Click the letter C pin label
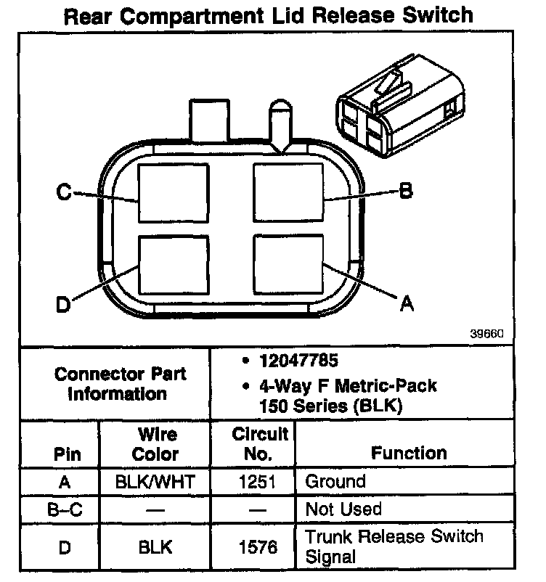(x=65, y=193)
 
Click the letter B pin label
(x=406, y=191)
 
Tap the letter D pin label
(x=64, y=306)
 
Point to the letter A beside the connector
(x=407, y=304)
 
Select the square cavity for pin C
(x=174, y=193)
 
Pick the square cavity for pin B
(x=288, y=192)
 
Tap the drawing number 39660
(x=486, y=335)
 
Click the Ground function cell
(x=335, y=481)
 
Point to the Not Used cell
(x=343, y=509)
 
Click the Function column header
(x=409, y=454)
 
